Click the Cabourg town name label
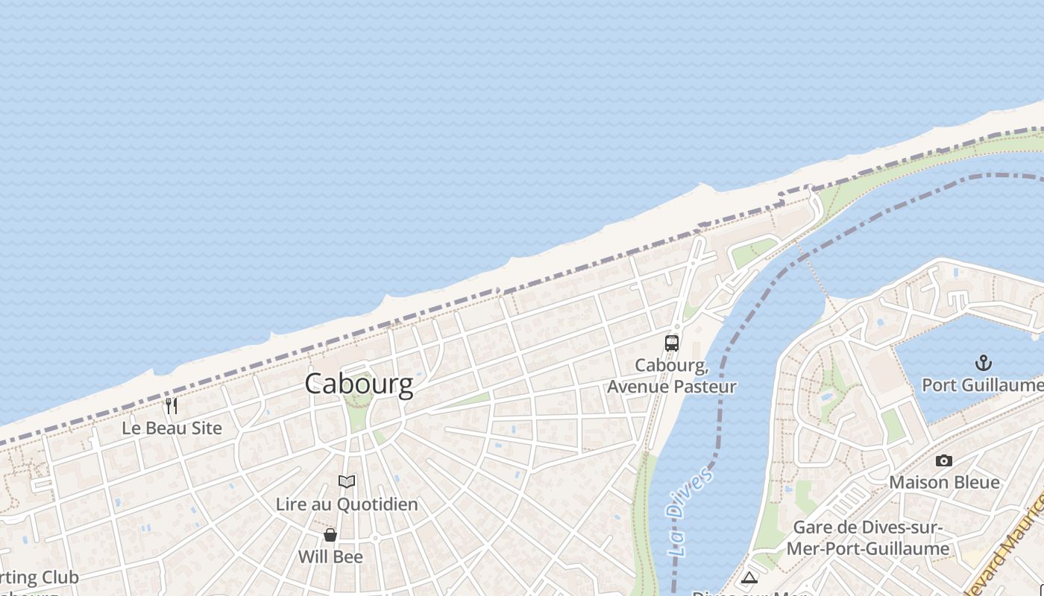[359, 384]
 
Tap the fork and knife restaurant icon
[172, 405]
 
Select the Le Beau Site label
[172, 428]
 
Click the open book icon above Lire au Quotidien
[347, 481]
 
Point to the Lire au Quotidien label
[347, 504]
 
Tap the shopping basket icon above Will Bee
[330, 535]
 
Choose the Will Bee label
[330, 557]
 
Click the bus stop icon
[672, 343]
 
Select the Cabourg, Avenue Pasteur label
[672, 376]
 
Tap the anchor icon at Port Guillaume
[984, 363]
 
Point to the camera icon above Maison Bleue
[944, 460]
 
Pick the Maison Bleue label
[944, 483]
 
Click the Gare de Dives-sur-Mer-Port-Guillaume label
[871, 538]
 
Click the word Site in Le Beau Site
[206, 428]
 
